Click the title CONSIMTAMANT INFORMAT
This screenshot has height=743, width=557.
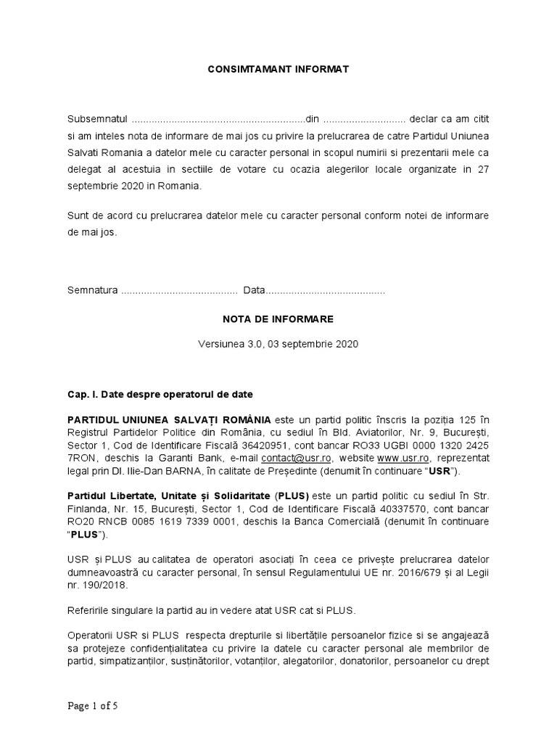(x=278, y=69)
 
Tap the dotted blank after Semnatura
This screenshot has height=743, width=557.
(x=178, y=290)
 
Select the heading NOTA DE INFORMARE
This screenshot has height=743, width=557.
(x=278, y=319)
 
